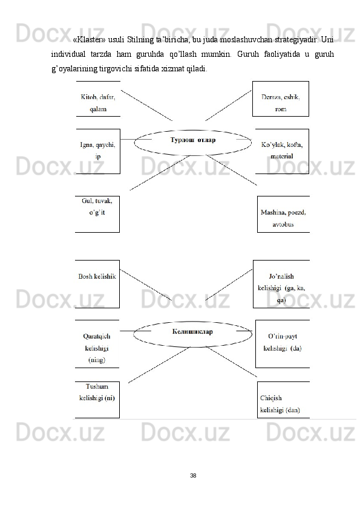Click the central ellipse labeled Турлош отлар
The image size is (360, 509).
[193, 131]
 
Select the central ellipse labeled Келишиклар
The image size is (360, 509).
[192, 322]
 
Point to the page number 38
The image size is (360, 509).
[193, 476]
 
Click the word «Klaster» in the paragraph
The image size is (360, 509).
[89, 40]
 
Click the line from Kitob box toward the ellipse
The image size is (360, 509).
[146, 106]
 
